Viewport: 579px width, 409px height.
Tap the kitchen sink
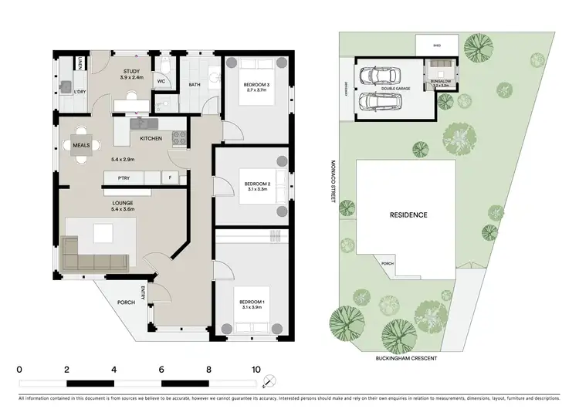[142, 123]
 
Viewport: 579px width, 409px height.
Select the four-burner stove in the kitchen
[178, 139]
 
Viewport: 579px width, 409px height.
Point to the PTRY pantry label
[123, 178]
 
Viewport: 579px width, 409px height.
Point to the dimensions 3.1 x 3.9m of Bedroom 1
[252, 306]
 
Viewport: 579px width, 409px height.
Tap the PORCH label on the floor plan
[126, 302]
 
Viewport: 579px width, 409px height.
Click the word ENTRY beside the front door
[144, 292]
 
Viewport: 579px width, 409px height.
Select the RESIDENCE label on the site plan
[408, 215]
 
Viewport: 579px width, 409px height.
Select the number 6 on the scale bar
[161, 369]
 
